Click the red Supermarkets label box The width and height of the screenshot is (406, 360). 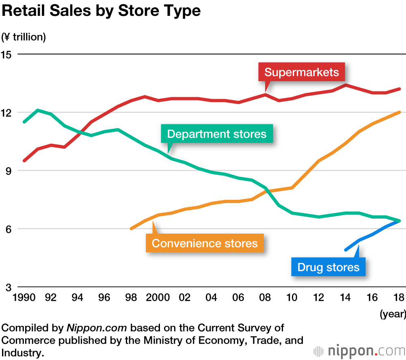pos(301,72)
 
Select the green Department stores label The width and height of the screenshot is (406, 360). pos(217,134)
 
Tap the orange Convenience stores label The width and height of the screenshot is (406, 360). pos(205,243)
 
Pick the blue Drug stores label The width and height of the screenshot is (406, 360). pos(328,267)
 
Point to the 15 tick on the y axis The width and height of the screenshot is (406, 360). pos(7,54)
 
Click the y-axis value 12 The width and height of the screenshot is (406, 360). pos(7,113)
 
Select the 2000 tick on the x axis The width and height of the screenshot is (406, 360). pos(158,297)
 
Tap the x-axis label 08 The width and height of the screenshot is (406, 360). pos(265,297)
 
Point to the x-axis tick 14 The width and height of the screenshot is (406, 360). pos(346,297)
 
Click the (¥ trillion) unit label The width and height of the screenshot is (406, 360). pos(24,37)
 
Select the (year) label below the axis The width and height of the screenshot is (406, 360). pos(393,314)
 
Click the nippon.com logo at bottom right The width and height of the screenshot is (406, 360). pos(359,350)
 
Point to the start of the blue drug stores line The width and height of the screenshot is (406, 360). pos(346,250)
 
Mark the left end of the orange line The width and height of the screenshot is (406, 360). pos(131,229)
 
